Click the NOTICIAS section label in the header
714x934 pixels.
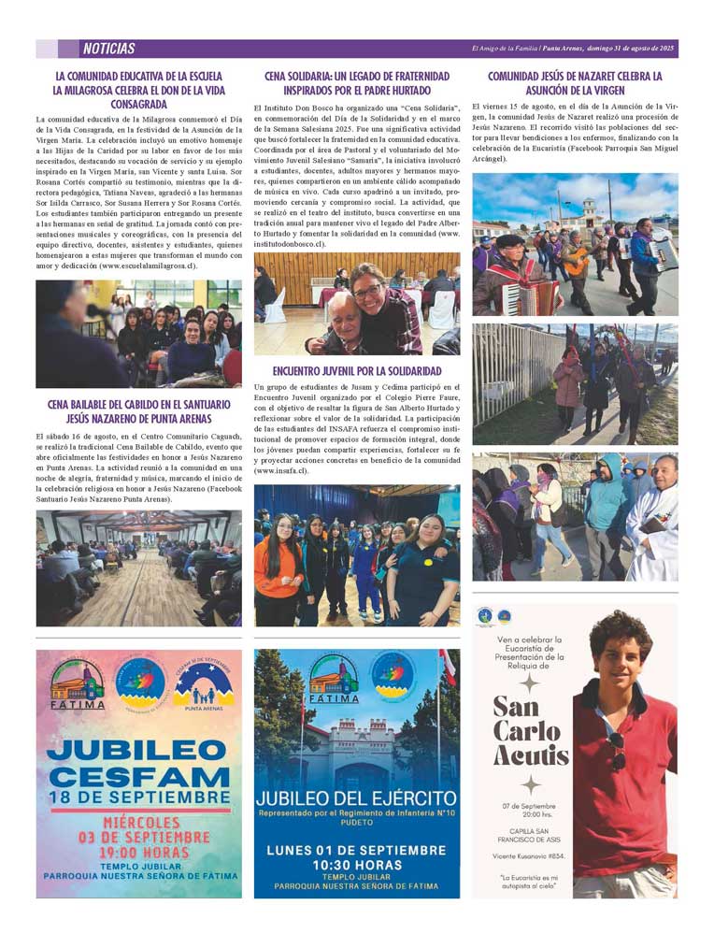coord(108,49)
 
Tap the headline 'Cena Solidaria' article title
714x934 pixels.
coord(356,83)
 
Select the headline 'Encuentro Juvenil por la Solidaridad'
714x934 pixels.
coord(357,371)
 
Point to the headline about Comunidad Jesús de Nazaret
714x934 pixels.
coord(575,83)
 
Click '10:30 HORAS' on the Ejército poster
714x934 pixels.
coord(356,866)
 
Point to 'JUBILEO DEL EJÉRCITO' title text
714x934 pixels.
coord(356,799)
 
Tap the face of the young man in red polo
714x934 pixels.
coord(621,654)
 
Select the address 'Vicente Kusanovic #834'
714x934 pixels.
coord(528,855)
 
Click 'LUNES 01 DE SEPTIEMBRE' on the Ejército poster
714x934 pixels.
coord(356,849)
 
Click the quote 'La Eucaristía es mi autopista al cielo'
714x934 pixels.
coord(528,882)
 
